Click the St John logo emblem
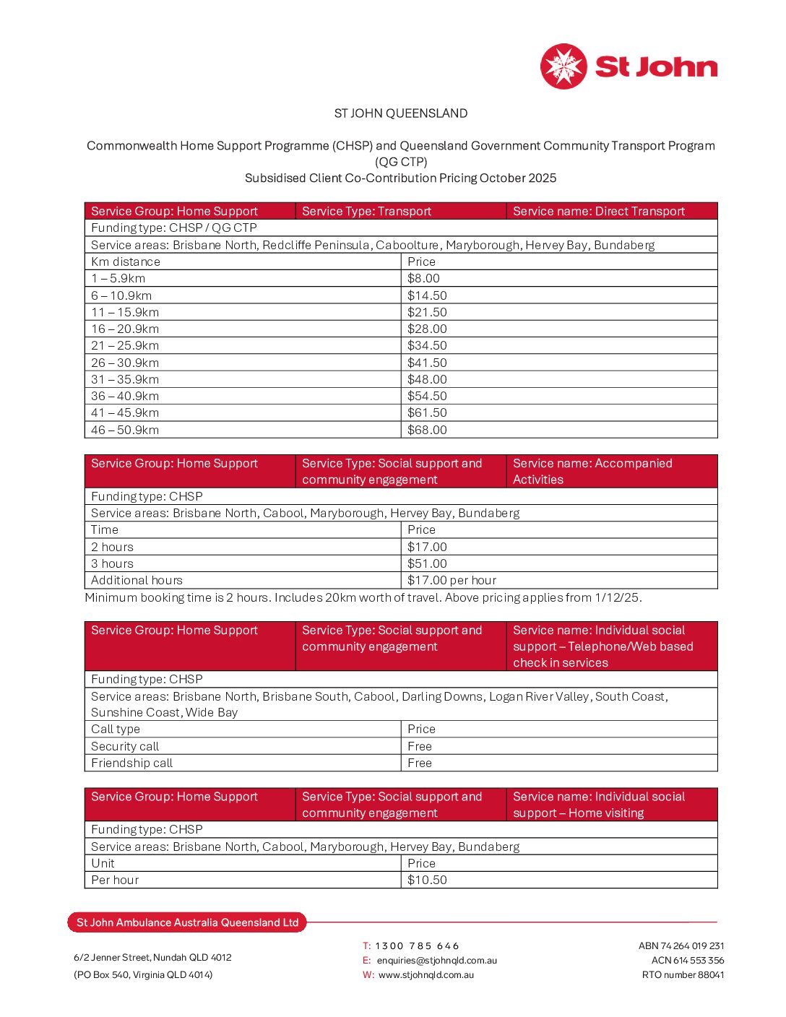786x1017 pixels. (x=563, y=66)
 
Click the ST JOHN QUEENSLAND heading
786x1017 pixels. (x=401, y=113)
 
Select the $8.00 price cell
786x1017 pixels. (x=423, y=279)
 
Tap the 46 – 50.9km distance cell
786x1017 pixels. (x=125, y=430)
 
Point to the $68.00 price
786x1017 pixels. (x=427, y=430)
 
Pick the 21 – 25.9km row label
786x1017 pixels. (x=125, y=346)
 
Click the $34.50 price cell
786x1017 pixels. (x=427, y=346)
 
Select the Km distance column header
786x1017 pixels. (x=126, y=261)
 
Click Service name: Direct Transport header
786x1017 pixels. (x=599, y=211)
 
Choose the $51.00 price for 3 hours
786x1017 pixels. (x=427, y=563)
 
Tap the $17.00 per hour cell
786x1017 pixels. (x=452, y=580)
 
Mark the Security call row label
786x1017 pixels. (x=125, y=746)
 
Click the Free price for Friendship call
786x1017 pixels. (x=420, y=763)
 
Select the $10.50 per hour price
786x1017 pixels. (x=427, y=880)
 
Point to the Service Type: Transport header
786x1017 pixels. (x=366, y=211)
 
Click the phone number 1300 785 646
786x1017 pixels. (x=417, y=945)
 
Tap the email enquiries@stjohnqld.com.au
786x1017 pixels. (x=436, y=960)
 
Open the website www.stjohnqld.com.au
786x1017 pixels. (x=426, y=974)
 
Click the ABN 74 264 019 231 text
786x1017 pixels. (x=681, y=945)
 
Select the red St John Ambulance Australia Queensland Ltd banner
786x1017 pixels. (x=187, y=922)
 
